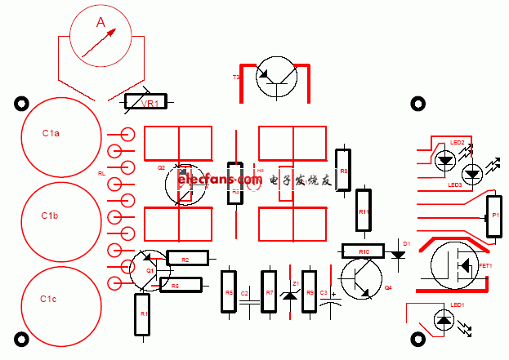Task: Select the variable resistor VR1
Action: (145, 102)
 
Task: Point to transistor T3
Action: (275, 77)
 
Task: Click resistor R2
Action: (188, 258)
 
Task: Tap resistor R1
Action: (143, 314)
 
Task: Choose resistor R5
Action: (229, 291)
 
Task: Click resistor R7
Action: (269, 291)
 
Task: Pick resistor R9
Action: (310, 291)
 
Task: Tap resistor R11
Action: (364, 211)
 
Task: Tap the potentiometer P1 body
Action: (493, 216)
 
